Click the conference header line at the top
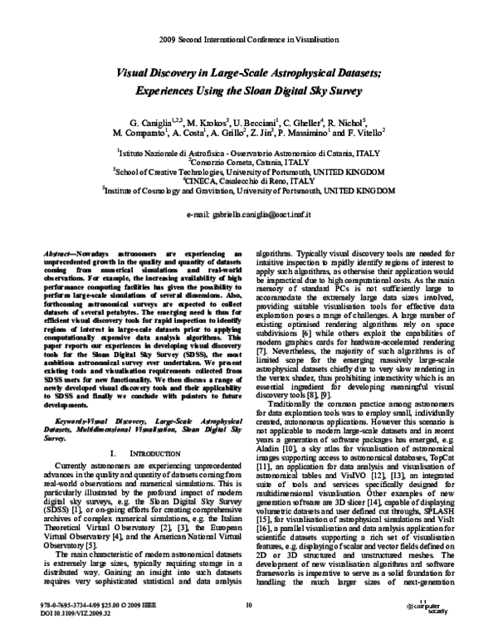(249, 39)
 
